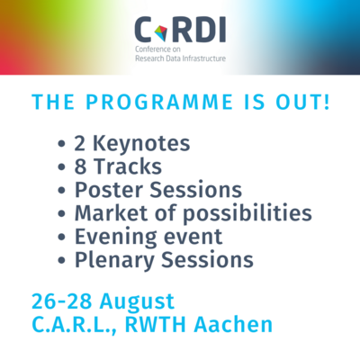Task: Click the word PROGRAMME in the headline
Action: [x=159, y=102]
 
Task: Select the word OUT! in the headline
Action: [x=302, y=102]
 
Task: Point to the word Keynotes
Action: [x=141, y=144]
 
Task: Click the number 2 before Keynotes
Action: [x=80, y=144]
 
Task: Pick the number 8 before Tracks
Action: [x=80, y=166]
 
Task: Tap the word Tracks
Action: [x=128, y=166]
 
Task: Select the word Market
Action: [x=112, y=213]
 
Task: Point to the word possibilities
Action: [x=247, y=213]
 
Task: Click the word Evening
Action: [x=115, y=237]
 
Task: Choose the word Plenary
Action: [x=114, y=260]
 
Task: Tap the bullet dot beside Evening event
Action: [x=61, y=237]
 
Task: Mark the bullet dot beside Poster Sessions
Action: [x=61, y=191]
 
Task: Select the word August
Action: [x=137, y=302]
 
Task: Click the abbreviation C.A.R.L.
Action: [x=72, y=325]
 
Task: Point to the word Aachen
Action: [x=233, y=325]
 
